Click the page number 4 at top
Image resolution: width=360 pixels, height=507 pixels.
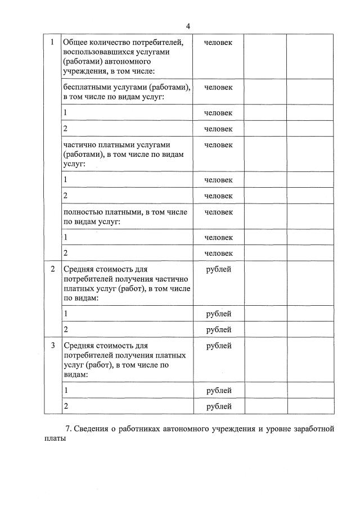click(x=188, y=26)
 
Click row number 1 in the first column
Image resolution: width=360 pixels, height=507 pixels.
click(x=53, y=42)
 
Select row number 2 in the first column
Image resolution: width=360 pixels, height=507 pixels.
click(x=53, y=269)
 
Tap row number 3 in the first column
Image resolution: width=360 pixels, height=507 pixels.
click(x=53, y=346)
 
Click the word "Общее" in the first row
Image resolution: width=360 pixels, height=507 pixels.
click(x=75, y=42)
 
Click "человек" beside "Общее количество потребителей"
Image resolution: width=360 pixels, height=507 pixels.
click(x=218, y=42)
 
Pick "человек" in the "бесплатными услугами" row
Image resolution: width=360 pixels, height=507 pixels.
click(x=218, y=87)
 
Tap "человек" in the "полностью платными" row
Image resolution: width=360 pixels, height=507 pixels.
click(x=218, y=212)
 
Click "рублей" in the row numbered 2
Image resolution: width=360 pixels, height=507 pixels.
click(x=218, y=269)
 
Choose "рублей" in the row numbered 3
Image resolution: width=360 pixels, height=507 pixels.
click(x=218, y=346)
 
